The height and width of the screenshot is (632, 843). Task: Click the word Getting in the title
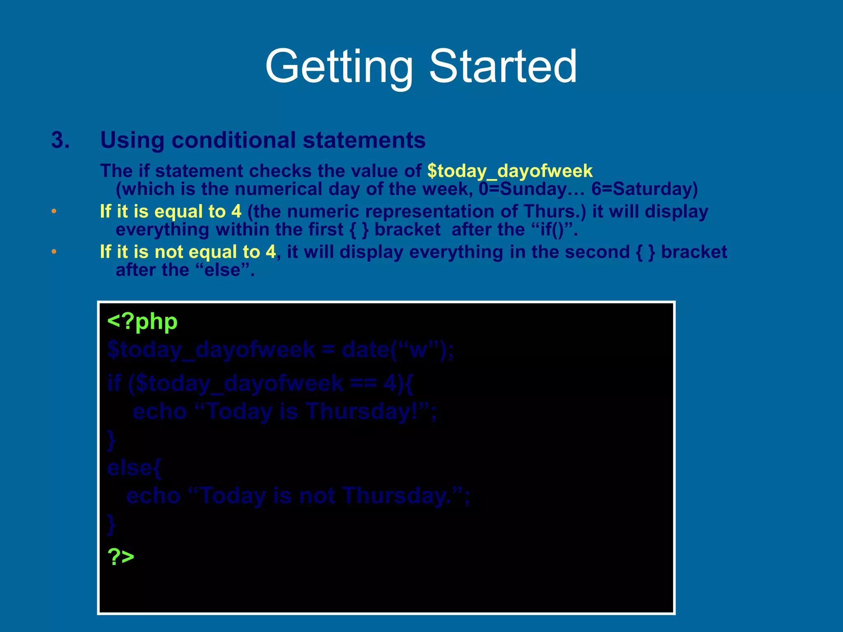[x=339, y=67]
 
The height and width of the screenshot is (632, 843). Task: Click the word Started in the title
[x=503, y=67]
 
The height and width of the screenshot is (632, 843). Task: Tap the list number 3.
[x=60, y=140]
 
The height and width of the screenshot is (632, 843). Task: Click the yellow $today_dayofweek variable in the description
[x=510, y=171]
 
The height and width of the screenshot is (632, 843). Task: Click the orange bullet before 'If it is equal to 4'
[x=54, y=211]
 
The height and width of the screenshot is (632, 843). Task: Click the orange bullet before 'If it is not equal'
[x=54, y=252]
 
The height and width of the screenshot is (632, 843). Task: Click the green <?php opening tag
[x=142, y=321]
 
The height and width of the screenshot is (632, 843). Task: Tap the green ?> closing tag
[x=121, y=556]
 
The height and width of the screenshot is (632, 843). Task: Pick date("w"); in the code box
[x=398, y=350]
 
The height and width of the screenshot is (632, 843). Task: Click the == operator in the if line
[x=363, y=383]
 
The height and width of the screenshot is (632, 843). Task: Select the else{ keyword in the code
[x=134, y=468]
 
